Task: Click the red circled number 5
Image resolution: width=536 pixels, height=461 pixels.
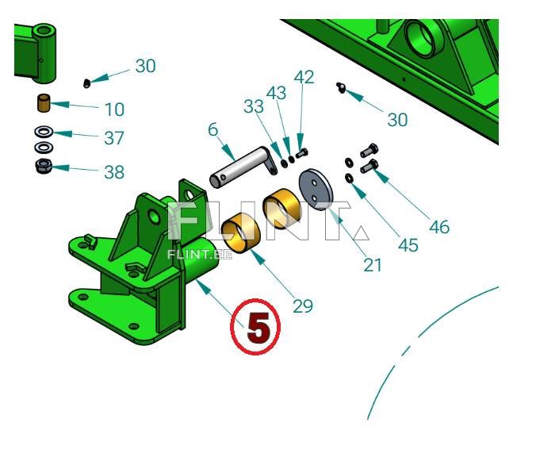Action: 255,327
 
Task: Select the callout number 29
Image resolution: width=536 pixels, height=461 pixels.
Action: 303,306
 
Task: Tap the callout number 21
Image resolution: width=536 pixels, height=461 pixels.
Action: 373,265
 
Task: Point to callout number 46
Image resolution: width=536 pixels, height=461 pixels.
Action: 439,227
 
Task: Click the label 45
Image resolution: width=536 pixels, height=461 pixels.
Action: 408,245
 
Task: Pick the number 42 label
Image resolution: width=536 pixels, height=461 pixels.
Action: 304,77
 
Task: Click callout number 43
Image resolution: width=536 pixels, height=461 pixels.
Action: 276,93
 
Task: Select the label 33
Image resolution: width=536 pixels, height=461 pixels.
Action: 254,106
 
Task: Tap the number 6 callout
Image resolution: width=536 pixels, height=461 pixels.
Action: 213,129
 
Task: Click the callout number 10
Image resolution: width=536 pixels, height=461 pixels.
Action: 114,109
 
